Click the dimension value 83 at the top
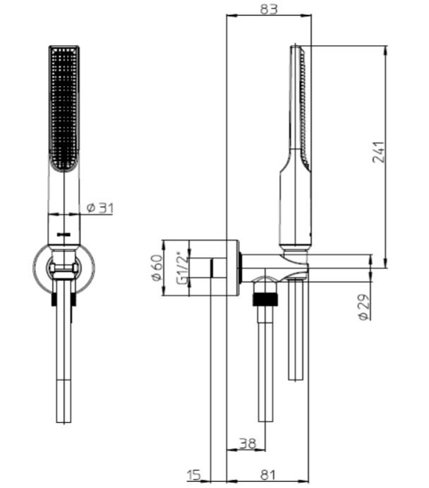click(x=269, y=8)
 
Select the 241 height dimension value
click(x=379, y=152)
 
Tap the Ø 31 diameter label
click(x=100, y=208)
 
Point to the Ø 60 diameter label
click(x=157, y=268)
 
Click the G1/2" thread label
click(x=183, y=268)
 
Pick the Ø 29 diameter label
click(x=364, y=307)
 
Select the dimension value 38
click(x=248, y=444)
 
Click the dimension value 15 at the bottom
click(x=193, y=475)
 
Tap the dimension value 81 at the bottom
click(x=268, y=475)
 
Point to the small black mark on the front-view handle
click(x=64, y=234)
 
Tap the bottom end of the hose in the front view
click(x=64, y=422)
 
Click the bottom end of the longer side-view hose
click(x=266, y=422)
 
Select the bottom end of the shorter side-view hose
click(x=296, y=380)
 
